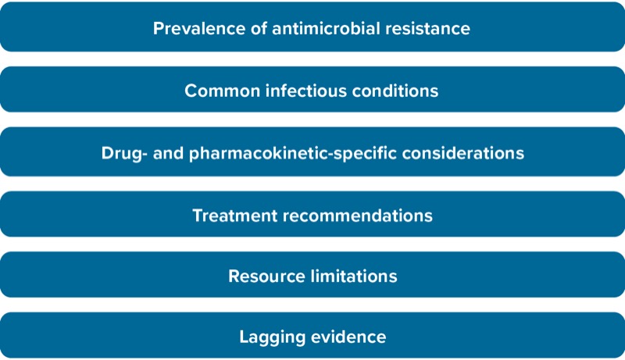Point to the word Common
click(x=223, y=91)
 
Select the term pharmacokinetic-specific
click(x=293, y=153)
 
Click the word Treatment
click(x=235, y=216)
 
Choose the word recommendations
click(x=358, y=216)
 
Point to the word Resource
click(x=266, y=276)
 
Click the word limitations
click(x=354, y=276)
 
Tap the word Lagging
click(x=273, y=337)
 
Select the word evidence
click(x=348, y=337)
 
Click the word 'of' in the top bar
click(x=259, y=28)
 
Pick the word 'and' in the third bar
click(x=168, y=153)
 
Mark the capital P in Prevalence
click(x=159, y=29)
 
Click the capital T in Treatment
click(x=198, y=216)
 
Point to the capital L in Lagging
click(x=245, y=337)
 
